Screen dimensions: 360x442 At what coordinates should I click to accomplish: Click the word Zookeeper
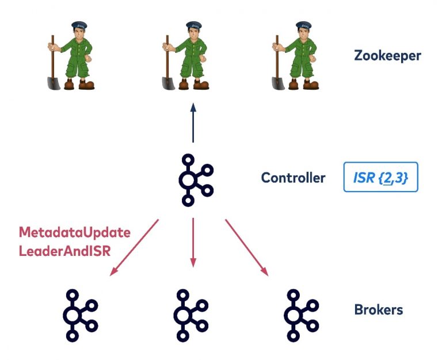(x=387, y=56)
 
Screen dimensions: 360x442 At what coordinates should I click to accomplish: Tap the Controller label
(x=293, y=178)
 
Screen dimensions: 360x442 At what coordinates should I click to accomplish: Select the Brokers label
(x=378, y=310)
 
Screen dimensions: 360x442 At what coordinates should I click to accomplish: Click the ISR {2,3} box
(x=380, y=178)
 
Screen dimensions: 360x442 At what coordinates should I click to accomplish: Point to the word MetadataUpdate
(x=75, y=233)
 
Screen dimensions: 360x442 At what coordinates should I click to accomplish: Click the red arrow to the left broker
(x=135, y=246)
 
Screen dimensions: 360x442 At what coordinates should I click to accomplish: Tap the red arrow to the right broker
(x=247, y=246)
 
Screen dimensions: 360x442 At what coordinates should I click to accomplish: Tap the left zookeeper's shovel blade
(x=54, y=81)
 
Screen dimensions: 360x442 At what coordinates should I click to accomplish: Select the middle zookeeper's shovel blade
(x=166, y=81)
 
